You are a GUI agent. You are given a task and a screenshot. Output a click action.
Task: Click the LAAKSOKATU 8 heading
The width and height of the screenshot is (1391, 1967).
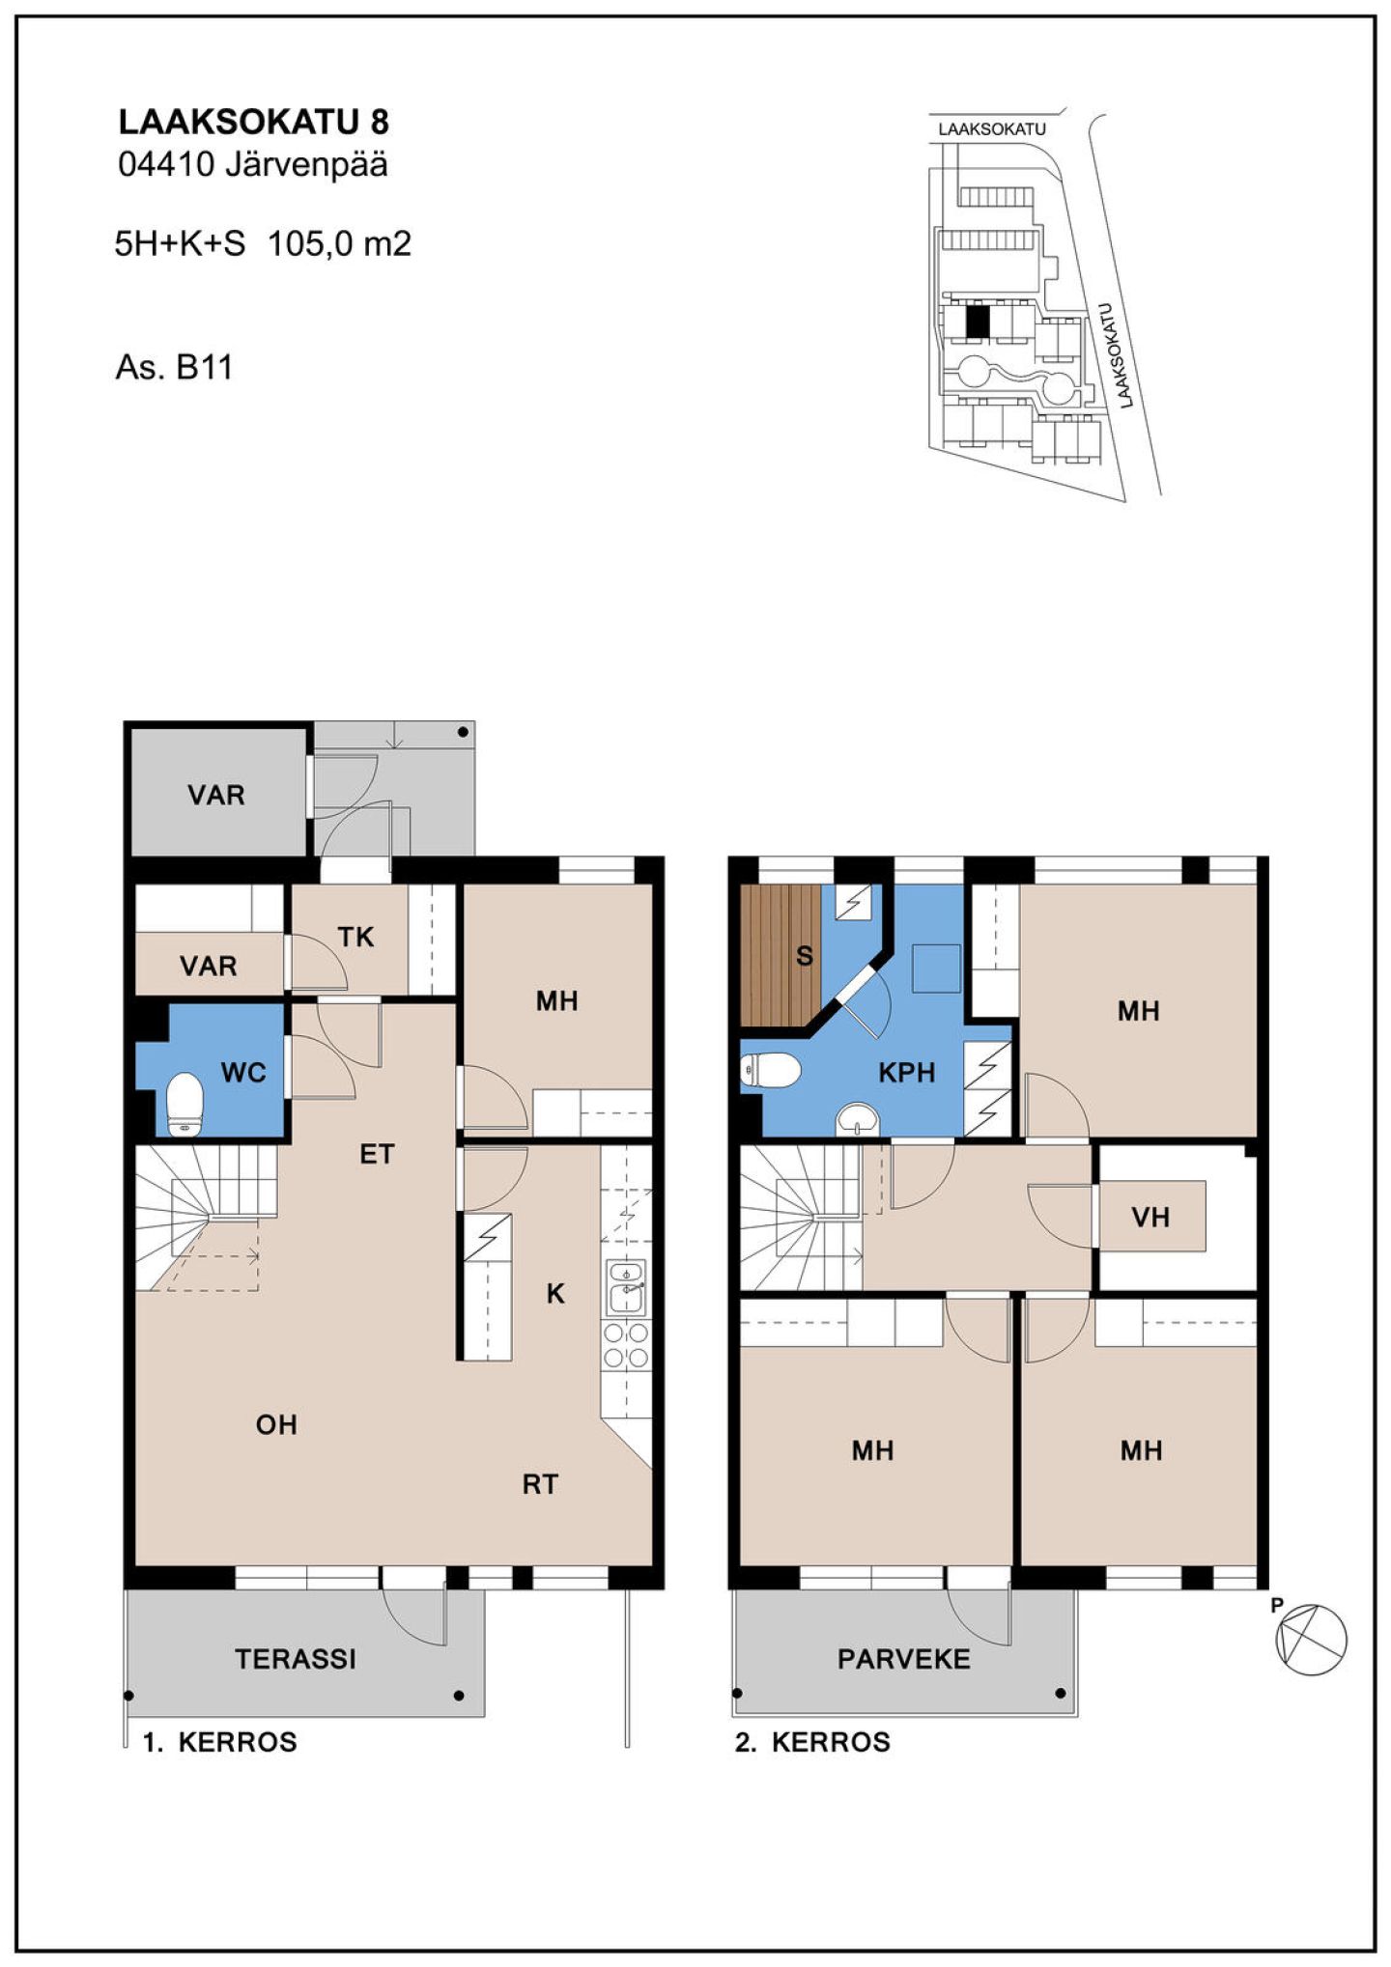coord(253,122)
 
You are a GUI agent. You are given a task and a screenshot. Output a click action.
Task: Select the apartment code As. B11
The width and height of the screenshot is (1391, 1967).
coord(174,368)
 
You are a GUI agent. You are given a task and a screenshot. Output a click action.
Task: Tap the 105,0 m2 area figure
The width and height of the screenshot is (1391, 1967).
coord(339,243)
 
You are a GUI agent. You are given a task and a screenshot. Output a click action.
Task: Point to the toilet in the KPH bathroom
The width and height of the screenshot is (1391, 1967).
coord(770,1070)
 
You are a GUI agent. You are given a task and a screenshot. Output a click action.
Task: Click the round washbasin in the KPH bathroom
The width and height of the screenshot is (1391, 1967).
coord(857,1119)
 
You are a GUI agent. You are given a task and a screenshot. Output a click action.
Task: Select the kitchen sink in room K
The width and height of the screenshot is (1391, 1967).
coord(626,1286)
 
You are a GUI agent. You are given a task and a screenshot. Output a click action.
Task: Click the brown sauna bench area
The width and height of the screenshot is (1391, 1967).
coord(781,955)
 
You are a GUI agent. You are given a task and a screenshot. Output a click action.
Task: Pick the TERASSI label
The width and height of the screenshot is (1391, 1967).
coord(296,1659)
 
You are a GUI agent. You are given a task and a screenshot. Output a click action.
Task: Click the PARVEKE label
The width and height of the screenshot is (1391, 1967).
coord(903,1659)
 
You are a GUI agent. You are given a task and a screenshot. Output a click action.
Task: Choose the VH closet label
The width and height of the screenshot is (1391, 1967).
coord(1150,1217)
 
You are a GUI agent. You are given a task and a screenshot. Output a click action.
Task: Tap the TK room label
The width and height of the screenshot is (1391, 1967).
coord(355,937)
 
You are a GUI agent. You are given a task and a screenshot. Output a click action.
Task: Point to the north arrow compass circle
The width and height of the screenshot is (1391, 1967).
coord(1312,1639)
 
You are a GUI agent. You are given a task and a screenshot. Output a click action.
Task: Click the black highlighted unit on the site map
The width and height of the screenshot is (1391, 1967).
coord(979,321)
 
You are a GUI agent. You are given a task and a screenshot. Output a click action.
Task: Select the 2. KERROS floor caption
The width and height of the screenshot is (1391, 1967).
coord(812,1743)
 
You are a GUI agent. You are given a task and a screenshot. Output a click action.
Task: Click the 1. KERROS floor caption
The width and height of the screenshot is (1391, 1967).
coord(219,1743)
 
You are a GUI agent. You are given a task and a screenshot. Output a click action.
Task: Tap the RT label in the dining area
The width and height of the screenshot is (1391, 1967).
coord(540,1484)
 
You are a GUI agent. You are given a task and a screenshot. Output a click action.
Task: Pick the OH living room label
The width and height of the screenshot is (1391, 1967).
coord(276,1424)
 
